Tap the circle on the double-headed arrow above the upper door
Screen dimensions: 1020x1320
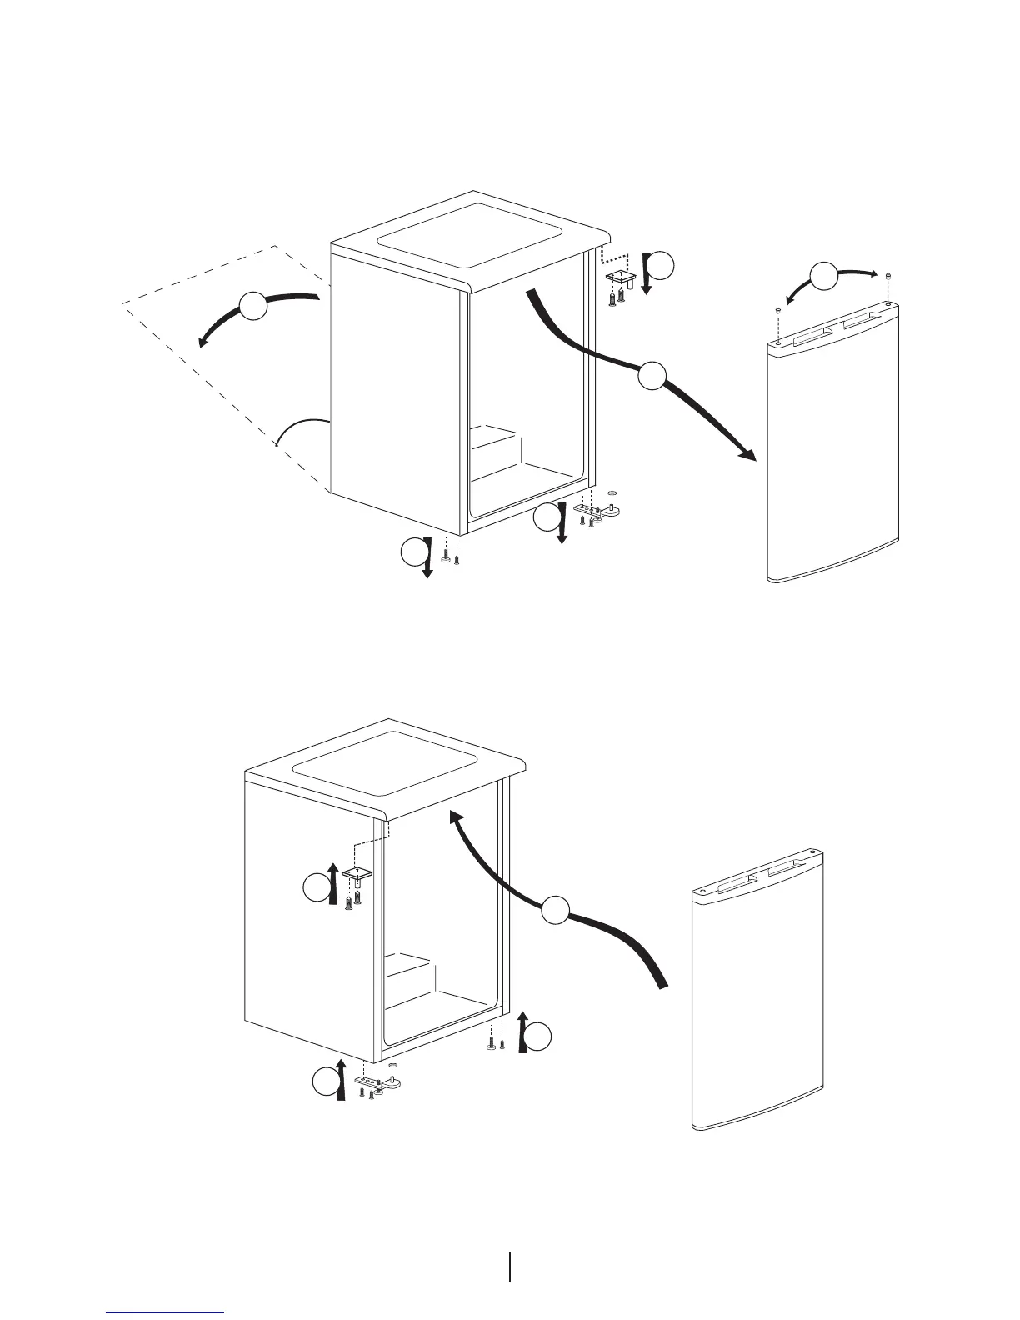click(825, 275)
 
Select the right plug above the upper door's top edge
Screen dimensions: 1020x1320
click(889, 275)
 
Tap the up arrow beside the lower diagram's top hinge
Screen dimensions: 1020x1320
click(334, 883)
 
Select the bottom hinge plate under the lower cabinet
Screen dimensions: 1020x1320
click(379, 1082)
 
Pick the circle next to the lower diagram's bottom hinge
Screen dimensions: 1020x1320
click(324, 1083)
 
